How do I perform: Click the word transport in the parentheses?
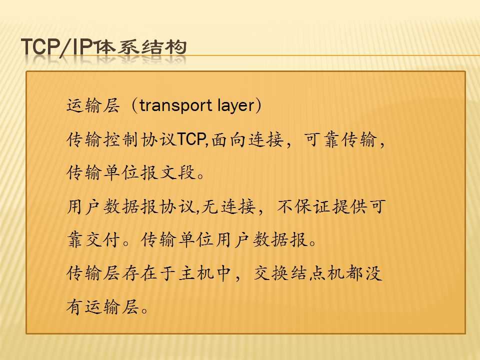coord(175,105)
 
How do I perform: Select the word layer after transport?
coord(235,105)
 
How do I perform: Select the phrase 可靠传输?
coord(340,139)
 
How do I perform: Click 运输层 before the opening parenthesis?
coord(93,106)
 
